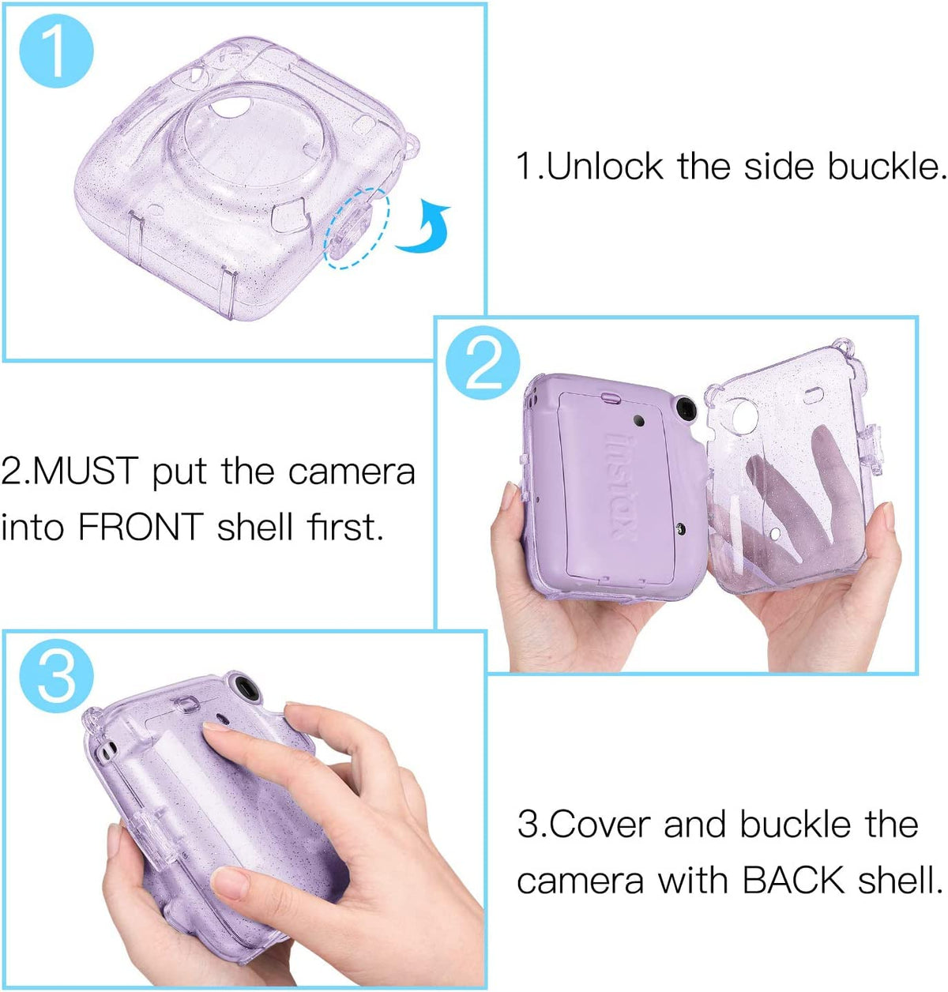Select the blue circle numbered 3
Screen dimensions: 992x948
point(57,675)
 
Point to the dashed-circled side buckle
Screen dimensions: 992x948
point(355,230)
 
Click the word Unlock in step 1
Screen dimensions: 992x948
point(604,166)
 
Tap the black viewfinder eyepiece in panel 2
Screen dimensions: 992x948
point(686,409)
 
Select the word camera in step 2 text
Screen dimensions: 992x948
point(352,472)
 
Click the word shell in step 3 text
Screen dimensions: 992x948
point(898,879)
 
